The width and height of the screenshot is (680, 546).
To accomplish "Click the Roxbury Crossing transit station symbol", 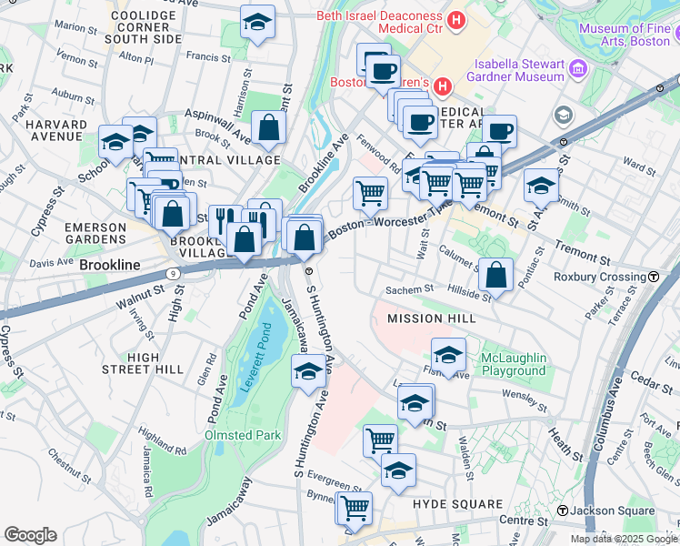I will tap(654, 277).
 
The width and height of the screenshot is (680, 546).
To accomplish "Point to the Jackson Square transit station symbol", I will tap(564, 511).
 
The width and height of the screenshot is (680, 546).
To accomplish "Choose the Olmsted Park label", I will tap(243, 435).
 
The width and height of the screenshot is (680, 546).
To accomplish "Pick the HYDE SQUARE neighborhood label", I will tap(457, 503).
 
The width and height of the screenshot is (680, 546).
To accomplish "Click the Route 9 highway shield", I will tap(173, 271).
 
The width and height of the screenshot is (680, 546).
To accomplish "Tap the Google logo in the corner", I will tap(31, 535).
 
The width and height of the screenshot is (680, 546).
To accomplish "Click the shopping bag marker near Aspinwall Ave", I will tap(269, 131).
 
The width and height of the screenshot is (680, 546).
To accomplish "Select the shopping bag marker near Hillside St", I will tap(496, 274).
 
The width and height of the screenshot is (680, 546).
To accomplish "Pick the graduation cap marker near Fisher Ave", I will tap(448, 355).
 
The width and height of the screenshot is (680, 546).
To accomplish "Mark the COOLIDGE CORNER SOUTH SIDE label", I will tap(143, 28).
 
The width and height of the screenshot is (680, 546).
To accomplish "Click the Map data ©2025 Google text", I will tap(624, 539).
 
